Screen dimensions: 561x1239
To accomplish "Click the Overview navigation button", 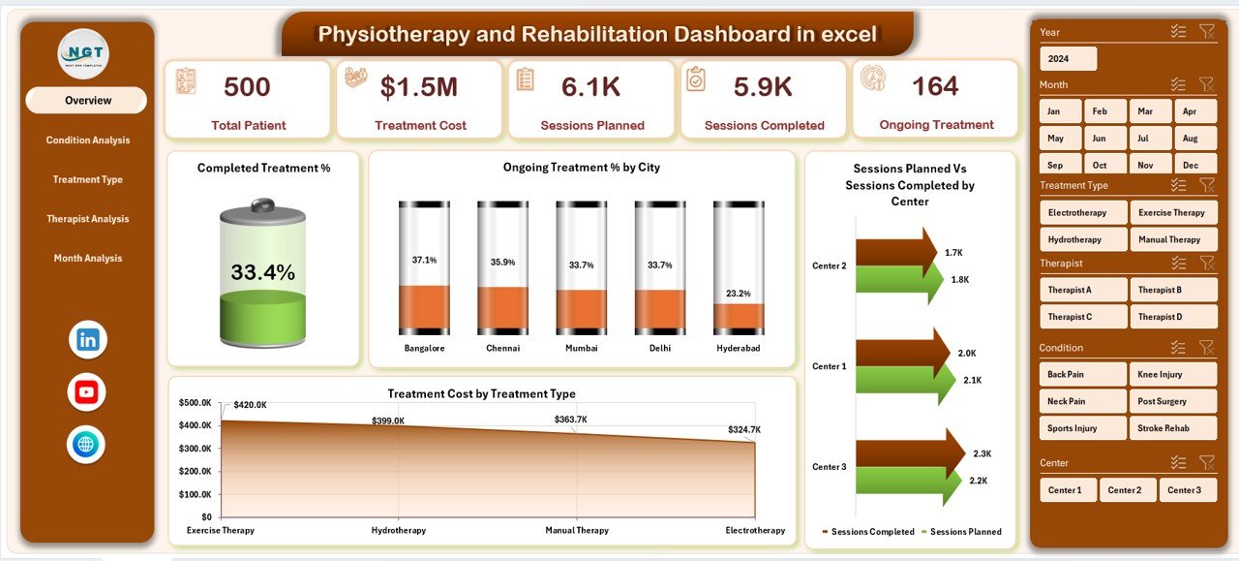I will click(87, 101).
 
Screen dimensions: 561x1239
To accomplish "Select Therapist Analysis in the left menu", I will click(87, 219).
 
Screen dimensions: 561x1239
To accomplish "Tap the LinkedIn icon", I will click(87, 340).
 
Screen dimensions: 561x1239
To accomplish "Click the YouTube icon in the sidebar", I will click(87, 392).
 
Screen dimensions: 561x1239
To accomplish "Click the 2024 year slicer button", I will click(1068, 59).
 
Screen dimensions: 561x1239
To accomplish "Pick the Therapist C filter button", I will click(1083, 317).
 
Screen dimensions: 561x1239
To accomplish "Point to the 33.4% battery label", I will click(262, 273).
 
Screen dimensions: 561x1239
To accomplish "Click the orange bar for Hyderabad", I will click(739, 318).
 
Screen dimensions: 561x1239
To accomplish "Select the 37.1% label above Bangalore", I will click(424, 261).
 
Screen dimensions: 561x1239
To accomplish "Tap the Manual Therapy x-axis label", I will click(576, 531).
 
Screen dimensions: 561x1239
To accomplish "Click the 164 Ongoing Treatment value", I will click(935, 86).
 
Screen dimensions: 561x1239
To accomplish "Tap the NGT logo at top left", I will click(83, 54).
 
